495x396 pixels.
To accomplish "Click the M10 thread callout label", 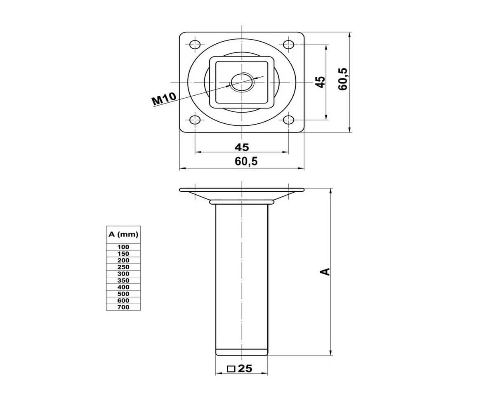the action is pyautogui.click(x=164, y=99).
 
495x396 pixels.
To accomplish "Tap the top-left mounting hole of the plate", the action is pyautogui.click(x=195, y=45).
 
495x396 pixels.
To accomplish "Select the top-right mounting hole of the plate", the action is pyautogui.click(x=288, y=45).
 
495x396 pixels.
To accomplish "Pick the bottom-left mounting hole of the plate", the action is pyautogui.click(x=195, y=120).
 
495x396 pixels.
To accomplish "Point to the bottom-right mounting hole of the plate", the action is pyautogui.click(x=288, y=120).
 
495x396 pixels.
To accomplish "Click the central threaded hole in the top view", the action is pyautogui.click(x=242, y=82).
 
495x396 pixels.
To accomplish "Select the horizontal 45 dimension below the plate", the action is pyautogui.click(x=242, y=147).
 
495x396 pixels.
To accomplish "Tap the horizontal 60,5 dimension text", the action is pyautogui.click(x=246, y=161).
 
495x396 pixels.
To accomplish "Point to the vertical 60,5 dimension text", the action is pyautogui.click(x=343, y=79).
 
